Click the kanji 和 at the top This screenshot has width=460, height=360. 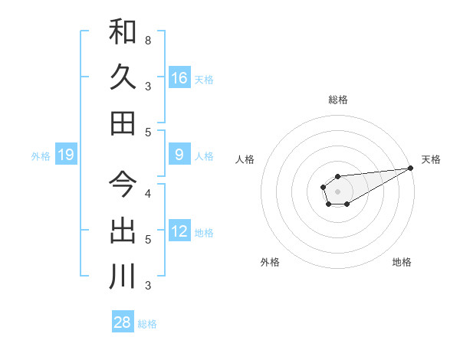(123, 32)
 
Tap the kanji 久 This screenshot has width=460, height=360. (123, 77)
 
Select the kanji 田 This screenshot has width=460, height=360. (123, 123)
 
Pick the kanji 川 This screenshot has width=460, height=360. (123, 276)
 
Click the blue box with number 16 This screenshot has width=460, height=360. (179, 78)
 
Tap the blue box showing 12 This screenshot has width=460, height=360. (179, 232)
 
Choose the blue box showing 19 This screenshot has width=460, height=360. (66, 155)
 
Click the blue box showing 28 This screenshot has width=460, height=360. (123, 322)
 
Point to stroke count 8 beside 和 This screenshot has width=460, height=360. (148, 40)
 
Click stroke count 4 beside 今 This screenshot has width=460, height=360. (148, 193)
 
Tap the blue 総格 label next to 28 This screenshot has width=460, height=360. (147, 324)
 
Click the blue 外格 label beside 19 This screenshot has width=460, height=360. (41, 156)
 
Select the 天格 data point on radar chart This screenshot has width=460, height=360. (410, 168)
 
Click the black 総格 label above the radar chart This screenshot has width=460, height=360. (338, 100)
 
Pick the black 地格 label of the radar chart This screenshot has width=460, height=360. (402, 262)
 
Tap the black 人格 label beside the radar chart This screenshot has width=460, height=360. (245, 159)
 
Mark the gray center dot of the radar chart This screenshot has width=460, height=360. (337, 190)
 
